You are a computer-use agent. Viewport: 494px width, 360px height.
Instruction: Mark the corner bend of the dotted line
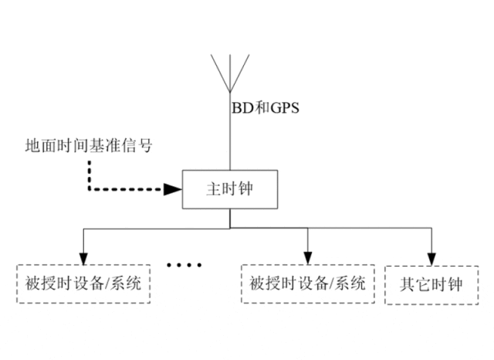[90, 188]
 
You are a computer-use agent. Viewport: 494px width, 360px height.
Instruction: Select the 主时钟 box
[229, 189]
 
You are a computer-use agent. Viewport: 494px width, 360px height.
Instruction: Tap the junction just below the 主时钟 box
[229, 229]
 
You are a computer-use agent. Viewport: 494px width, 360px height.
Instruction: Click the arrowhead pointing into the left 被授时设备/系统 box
[82, 258]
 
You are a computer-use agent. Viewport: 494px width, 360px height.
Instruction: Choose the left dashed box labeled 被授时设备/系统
[83, 284]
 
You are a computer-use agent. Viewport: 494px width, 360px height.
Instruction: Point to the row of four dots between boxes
[184, 264]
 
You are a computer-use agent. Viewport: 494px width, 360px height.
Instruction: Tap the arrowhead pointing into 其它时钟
[431, 258]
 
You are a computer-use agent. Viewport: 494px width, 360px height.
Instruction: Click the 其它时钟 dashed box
[432, 284]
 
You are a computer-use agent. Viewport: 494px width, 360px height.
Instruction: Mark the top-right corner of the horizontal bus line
[431, 229]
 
